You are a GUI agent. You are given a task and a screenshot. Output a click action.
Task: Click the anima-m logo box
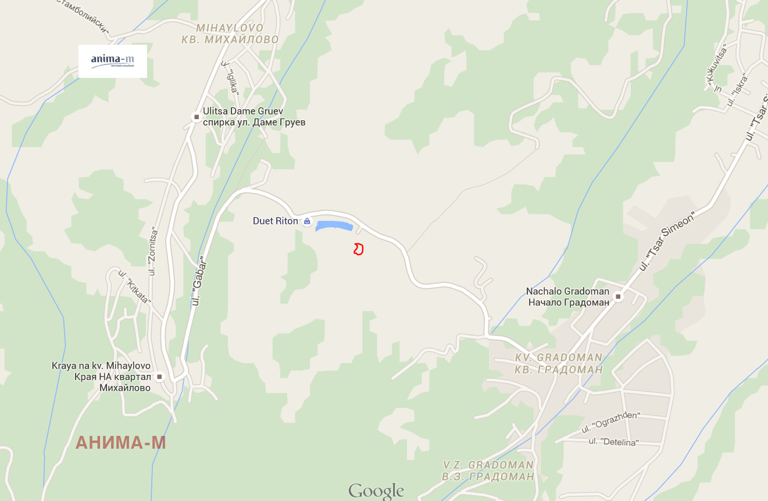tap(113, 61)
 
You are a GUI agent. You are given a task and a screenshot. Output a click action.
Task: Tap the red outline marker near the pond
tap(359, 249)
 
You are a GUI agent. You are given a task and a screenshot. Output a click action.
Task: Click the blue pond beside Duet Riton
tap(334, 226)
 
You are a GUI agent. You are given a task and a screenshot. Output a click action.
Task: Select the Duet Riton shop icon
tap(307, 221)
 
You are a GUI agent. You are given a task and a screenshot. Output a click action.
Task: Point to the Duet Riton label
tap(275, 221)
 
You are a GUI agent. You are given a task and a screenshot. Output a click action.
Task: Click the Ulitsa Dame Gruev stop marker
tap(197, 117)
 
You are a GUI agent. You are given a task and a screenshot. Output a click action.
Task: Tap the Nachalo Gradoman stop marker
tap(619, 297)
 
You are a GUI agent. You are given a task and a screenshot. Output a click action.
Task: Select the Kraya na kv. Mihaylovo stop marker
tap(159, 377)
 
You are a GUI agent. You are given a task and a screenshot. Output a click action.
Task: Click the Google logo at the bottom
tap(376, 491)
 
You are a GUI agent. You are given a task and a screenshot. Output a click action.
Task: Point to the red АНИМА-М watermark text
tap(121, 443)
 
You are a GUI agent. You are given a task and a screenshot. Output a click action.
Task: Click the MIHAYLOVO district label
tap(230, 28)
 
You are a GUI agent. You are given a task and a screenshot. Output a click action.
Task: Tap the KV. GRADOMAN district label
tap(559, 357)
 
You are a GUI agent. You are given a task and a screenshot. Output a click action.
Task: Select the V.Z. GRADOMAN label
tap(488, 465)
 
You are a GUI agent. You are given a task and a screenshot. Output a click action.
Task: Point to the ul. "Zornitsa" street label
tap(153, 250)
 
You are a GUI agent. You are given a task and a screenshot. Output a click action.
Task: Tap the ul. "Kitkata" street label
tap(134, 287)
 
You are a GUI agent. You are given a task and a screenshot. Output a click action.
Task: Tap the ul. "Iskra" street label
tap(736, 92)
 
